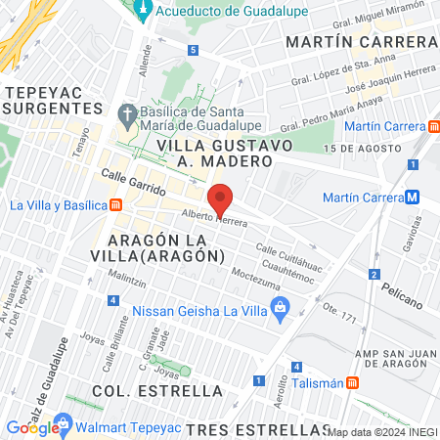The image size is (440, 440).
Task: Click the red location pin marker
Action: coord(221,198)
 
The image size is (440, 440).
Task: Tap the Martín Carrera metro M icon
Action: coord(413,197)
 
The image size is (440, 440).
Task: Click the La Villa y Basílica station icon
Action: coord(116,205)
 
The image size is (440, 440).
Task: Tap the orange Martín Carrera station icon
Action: coord(433,126)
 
